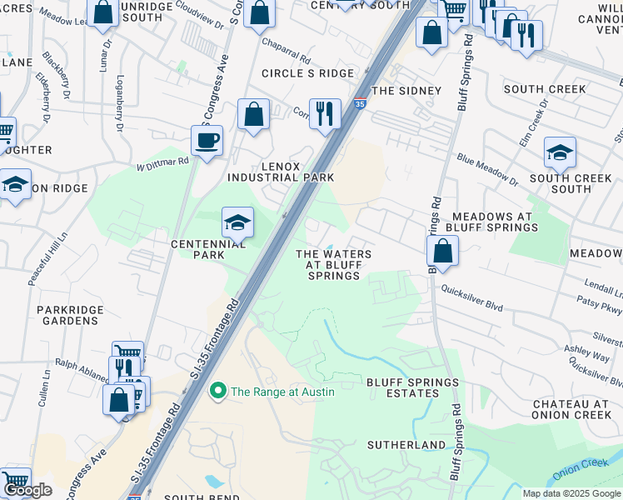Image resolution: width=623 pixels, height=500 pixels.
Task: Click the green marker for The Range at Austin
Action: pyautogui.click(x=218, y=391)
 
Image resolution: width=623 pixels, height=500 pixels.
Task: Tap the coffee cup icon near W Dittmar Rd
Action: pyautogui.click(x=207, y=140)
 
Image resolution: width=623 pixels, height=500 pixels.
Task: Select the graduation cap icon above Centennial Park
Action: pyautogui.click(x=237, y=222)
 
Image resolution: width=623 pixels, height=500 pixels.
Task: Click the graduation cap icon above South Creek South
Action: pyautogui.click(x=560, y=152)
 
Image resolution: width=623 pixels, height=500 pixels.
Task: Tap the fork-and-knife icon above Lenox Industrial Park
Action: pyautogui.click(x=325, y=112)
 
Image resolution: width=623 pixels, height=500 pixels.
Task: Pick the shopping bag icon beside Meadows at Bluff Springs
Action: pyautogui.click(x=442, y=250)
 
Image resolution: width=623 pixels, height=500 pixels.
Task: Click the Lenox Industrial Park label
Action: pyautogui.click(x=281, y=171)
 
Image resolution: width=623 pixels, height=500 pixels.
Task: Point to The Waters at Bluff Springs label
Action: pyautogui.click(x=334, y=264)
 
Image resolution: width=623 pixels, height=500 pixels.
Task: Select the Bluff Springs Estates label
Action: pyautogui.click(x=412, y=388)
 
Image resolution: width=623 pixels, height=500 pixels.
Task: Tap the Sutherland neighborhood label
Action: pyautogui.click(x=407, y=445)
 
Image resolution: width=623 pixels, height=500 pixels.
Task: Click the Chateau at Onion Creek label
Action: pyautogui.click(x=573, y=408)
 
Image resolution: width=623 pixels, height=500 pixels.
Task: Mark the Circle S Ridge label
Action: pyautogui.click(x=307, y=73)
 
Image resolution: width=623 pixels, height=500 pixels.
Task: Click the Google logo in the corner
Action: pyautogui.click(x=27, y=489)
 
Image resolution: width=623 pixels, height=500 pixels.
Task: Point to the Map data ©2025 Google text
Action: pyautogui.click(x=571, y=493)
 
